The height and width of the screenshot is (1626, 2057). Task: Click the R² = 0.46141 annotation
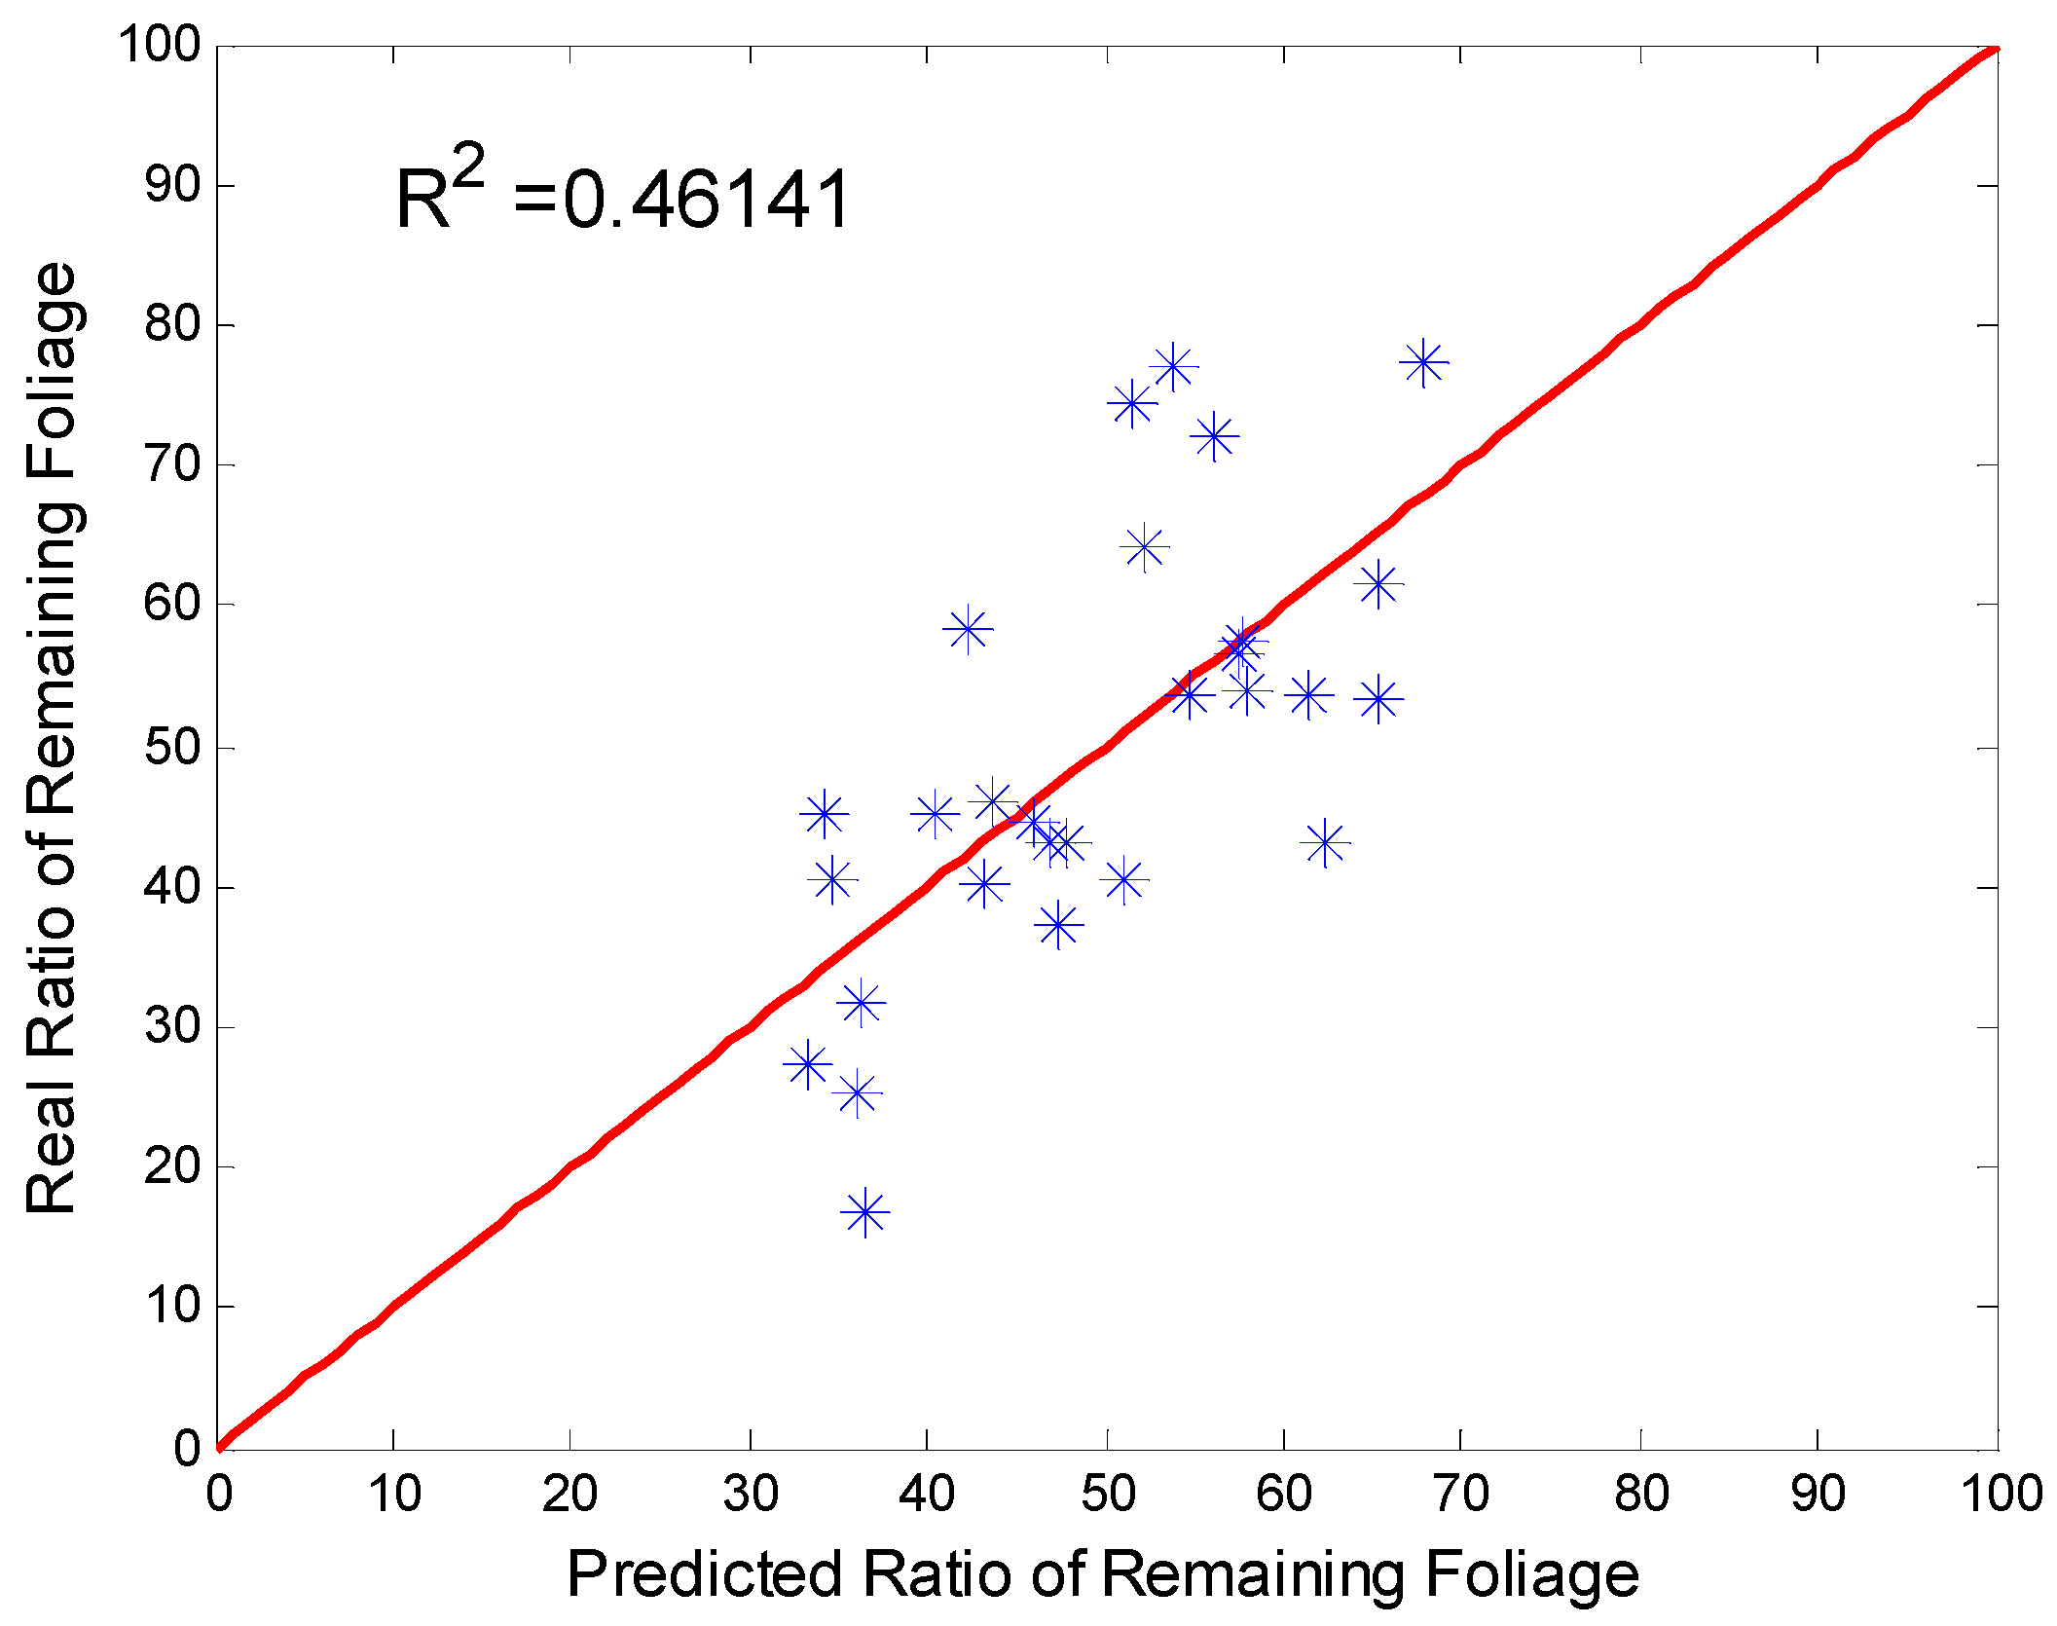pos(623,198)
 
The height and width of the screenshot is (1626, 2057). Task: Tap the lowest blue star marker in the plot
pos(865,1213)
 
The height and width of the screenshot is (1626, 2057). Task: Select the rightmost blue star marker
pos(1423,363)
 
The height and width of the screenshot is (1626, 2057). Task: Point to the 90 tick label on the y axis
pos(172,185)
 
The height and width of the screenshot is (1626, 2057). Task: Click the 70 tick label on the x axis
pos(1461,1494)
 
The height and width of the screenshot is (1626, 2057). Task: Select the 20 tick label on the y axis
pos(172,1166)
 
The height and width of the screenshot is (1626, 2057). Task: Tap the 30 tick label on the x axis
pos(750,1494)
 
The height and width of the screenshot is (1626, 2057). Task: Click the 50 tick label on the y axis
pos(172,748)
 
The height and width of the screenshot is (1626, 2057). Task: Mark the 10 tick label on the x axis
pos(393,1494)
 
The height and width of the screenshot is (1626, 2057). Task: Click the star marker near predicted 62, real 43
pos(1324,843)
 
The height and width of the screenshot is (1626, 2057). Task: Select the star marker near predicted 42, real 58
pos(968,629)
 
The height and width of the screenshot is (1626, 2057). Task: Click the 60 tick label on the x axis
pos(1283,1494)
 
